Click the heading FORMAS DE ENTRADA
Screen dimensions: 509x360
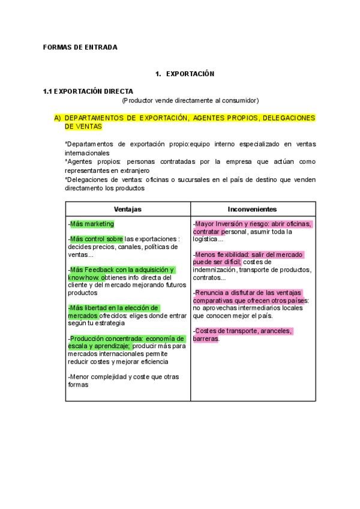pos(80,47)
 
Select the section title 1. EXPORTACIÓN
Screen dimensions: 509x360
pos(184,74)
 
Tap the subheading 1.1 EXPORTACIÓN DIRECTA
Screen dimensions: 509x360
pos(88,91)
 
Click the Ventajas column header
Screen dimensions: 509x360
pos(128,209)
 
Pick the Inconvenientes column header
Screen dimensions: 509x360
pos(252,209)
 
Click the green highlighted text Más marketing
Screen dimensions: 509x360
pos(92,224)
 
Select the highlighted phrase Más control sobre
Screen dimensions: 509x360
pos(96,239)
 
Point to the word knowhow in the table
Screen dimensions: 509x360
pos(83,278)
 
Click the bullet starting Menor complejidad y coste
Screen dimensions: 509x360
pos(122,376)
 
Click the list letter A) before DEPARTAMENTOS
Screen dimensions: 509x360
pos(58,118)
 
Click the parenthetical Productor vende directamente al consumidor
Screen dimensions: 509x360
pos(190,100)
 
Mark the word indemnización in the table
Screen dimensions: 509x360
pos(213,270)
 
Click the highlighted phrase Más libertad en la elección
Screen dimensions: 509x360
pos(113,308)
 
